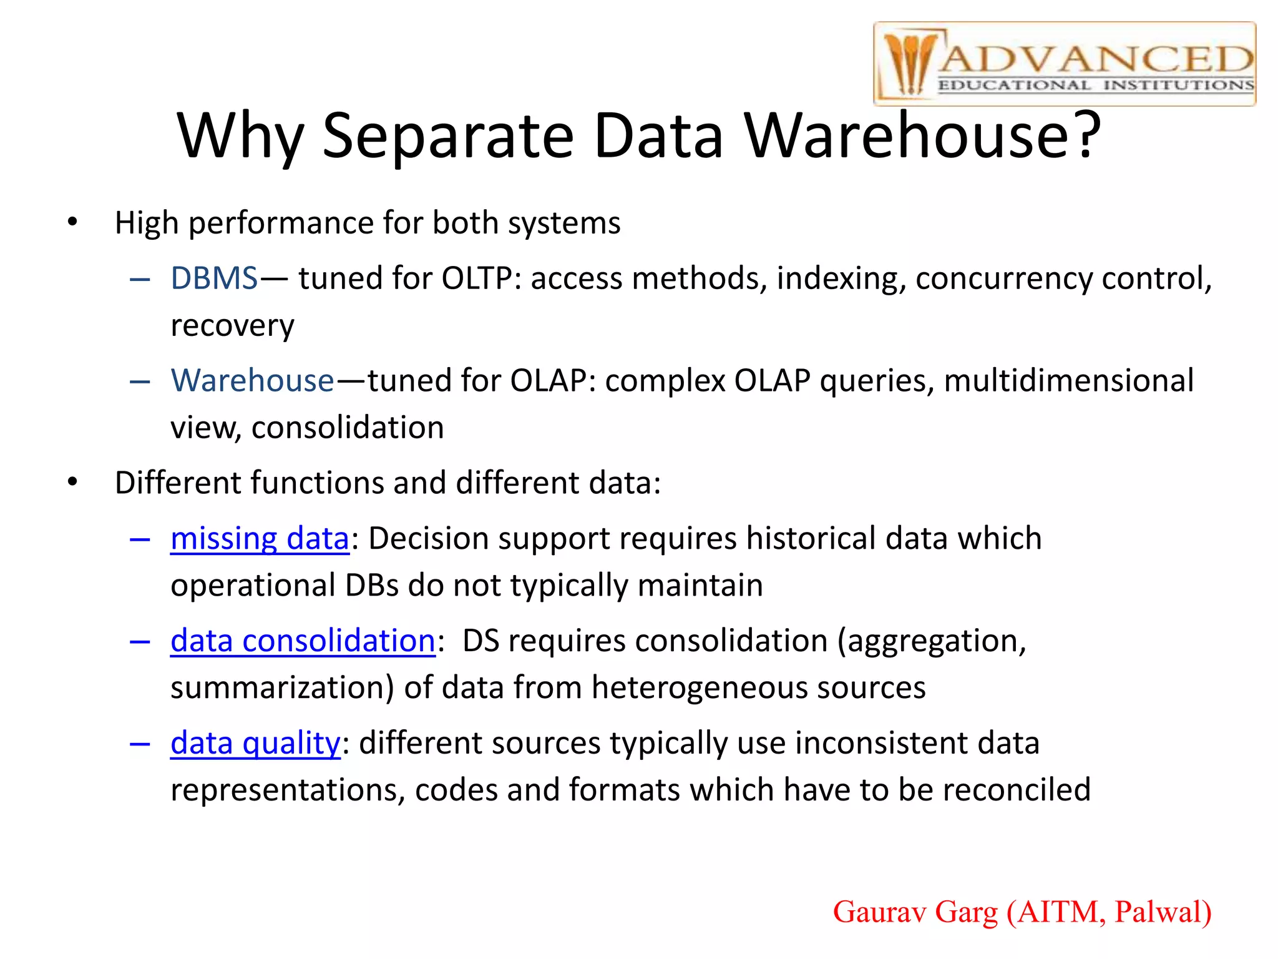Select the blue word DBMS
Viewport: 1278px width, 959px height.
click(x=214, y=278)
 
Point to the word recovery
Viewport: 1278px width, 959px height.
click(x=232, y=326)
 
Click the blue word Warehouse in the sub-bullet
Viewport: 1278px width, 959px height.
click(x=253, y=380)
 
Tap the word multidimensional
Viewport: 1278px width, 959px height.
click(x=1068, y=380)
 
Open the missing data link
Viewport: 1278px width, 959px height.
click(x=260, y=539)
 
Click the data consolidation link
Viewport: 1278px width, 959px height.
click(x=303, y=641)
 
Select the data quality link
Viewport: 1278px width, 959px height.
click(x=255, y=744)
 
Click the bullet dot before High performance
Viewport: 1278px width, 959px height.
click(x=73, y=222)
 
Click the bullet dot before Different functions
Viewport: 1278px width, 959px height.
click(x=73, y=482)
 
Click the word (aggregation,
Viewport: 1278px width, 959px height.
click(x=932, y=641)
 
